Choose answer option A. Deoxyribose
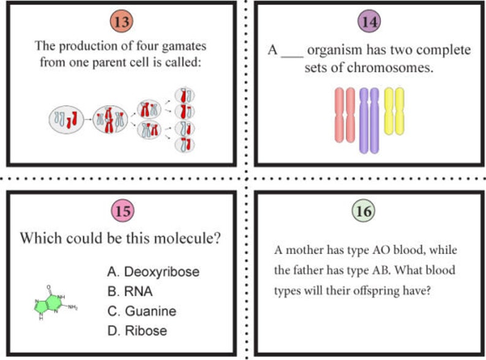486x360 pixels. pos(153,272)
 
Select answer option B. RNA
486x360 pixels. pos(130,291)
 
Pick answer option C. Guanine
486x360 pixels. pos(141,311)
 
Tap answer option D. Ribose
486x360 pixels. pos(137,331)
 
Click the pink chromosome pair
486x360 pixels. pos(345,114)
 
